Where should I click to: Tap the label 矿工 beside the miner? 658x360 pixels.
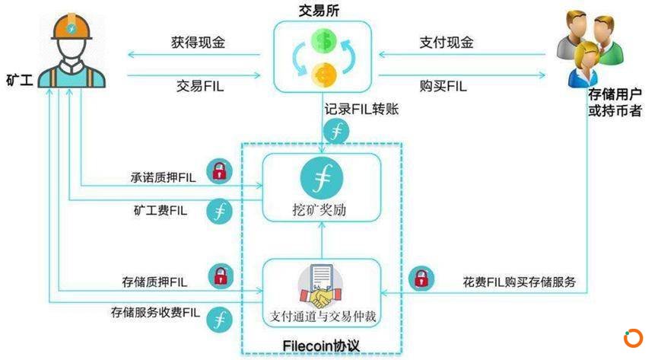pyautogui.click(x=19, y=79)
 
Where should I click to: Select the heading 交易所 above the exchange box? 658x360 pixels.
pyautogui.click(x=319, y=10)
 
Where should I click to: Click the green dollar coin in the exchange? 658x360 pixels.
pyautogui.click(x=324, y=41)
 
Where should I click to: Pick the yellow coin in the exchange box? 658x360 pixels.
pyautogui.click(x=324, y=74)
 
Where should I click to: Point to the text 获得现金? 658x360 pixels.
pyautogui.click(x=198, y=42)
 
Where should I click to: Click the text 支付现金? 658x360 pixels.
pyautogui.click(x=447, y=42)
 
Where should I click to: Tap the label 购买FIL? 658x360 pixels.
pyautogui.click(x=443, y=86)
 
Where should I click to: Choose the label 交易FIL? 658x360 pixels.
pyautogui.click(x=200, y=86)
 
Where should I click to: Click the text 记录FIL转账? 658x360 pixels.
pyautogui.click(x=361, y=110)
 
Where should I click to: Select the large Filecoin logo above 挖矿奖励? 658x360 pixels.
pyautogui.click(x=322, y=178)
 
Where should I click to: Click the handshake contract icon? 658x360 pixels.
pyautogui.click(x=321, y=286)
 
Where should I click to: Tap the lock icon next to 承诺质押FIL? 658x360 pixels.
pyautogui.click(x=220, y=171)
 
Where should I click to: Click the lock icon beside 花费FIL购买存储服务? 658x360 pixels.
pyautogui.click(x=421, y=279)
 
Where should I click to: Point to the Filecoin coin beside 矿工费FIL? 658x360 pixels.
pyautogui.click(x=220, y=211)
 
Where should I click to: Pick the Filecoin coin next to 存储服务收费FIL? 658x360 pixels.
pyautogui.click(x=220, y=320)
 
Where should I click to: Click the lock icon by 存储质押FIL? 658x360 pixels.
pyautogui.click(x=221, y=276)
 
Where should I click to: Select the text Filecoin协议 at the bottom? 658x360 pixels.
pyautogui.click(x=321, y=346)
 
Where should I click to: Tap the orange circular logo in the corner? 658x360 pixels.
pyautogui.click(x=633, y=338)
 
